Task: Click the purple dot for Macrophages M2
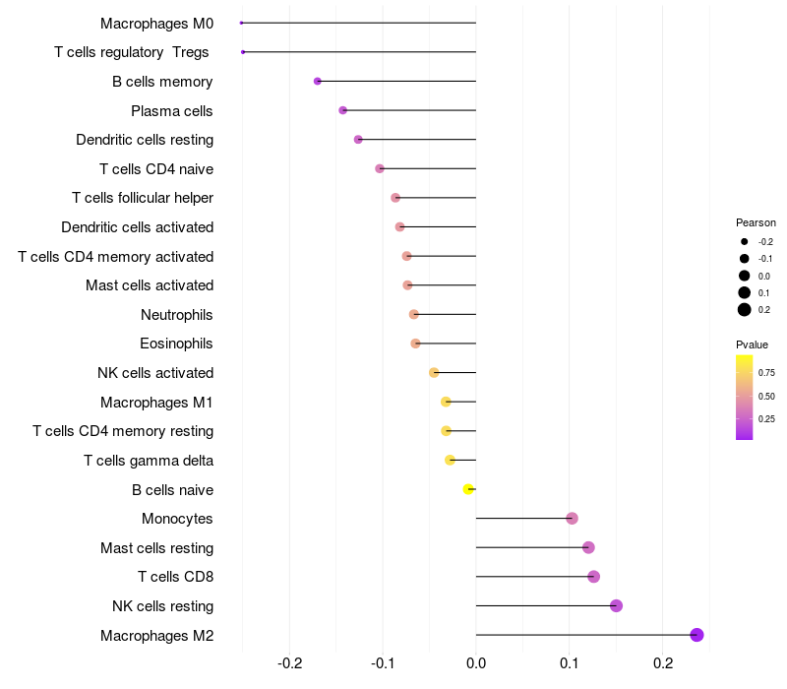point(696,635)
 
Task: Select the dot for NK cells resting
point(616,605)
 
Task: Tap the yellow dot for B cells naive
point(469,489)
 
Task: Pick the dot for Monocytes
point(572,518)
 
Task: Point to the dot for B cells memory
point(317,81)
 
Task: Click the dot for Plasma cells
point(342,110)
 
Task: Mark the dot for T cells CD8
point(593,577)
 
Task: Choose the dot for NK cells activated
point(434,373)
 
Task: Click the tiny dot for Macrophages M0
point(241,23)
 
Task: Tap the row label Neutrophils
point(177,315)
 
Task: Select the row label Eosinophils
point(177,344)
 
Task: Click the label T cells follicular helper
point(143,198)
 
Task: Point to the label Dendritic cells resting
point(145,140)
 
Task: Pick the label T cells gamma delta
point(149,460)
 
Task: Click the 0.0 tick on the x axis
point(476,663)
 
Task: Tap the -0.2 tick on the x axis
point(289,663)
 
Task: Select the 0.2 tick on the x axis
point(663,663)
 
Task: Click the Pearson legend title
point(756,222)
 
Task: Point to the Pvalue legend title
point(752,344)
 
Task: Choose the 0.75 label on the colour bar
point(766,373)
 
